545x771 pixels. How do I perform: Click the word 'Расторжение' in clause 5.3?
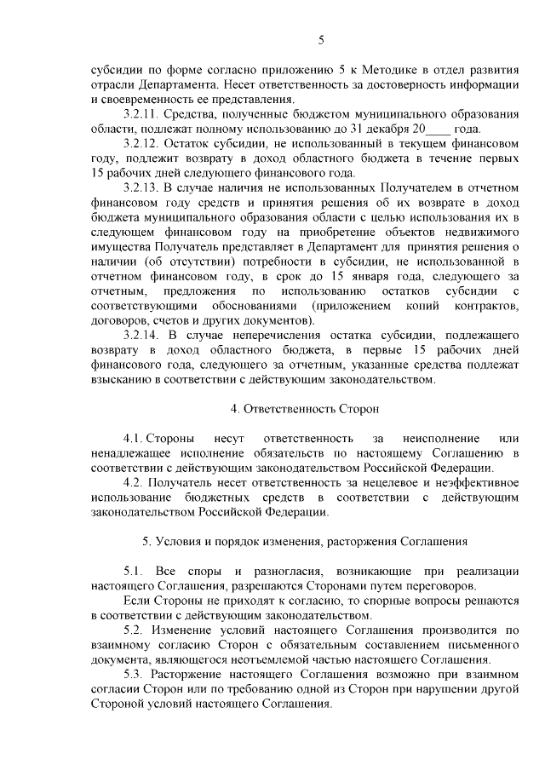click(197, 673)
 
